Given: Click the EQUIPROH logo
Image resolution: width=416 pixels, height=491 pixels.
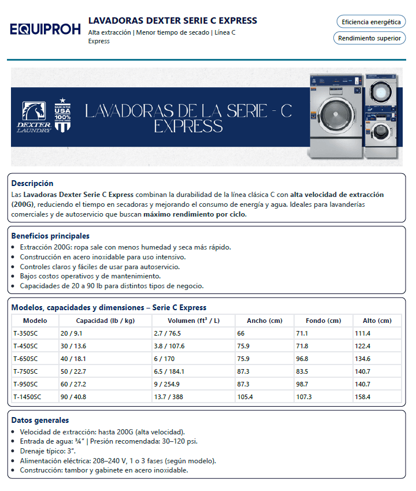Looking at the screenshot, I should point(45,29).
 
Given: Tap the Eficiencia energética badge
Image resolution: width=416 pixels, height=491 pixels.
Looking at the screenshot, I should point(371,22).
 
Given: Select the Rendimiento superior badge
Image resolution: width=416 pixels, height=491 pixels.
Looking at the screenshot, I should point(369,38).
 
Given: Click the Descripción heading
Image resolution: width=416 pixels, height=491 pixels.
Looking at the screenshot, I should point(32,183).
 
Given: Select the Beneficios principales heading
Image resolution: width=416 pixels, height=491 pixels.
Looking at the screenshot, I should point(50,236).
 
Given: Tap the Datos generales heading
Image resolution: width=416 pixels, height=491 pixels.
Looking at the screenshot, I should point(40,421).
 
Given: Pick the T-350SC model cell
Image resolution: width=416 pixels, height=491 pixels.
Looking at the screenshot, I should point(25,333).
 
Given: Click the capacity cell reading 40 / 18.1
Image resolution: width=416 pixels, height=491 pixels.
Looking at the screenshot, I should point(71,359).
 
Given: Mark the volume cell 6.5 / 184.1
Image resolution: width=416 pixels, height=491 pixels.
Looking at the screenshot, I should point(170,371).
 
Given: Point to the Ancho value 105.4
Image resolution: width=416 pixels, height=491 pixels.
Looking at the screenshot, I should point(246,397).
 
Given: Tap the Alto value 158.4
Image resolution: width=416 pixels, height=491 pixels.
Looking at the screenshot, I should point(363,397).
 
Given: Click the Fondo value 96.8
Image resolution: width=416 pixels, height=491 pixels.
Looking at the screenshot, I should point(302,359).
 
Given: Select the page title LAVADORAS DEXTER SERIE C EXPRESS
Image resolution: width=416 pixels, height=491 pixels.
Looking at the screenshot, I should point(173,21).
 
